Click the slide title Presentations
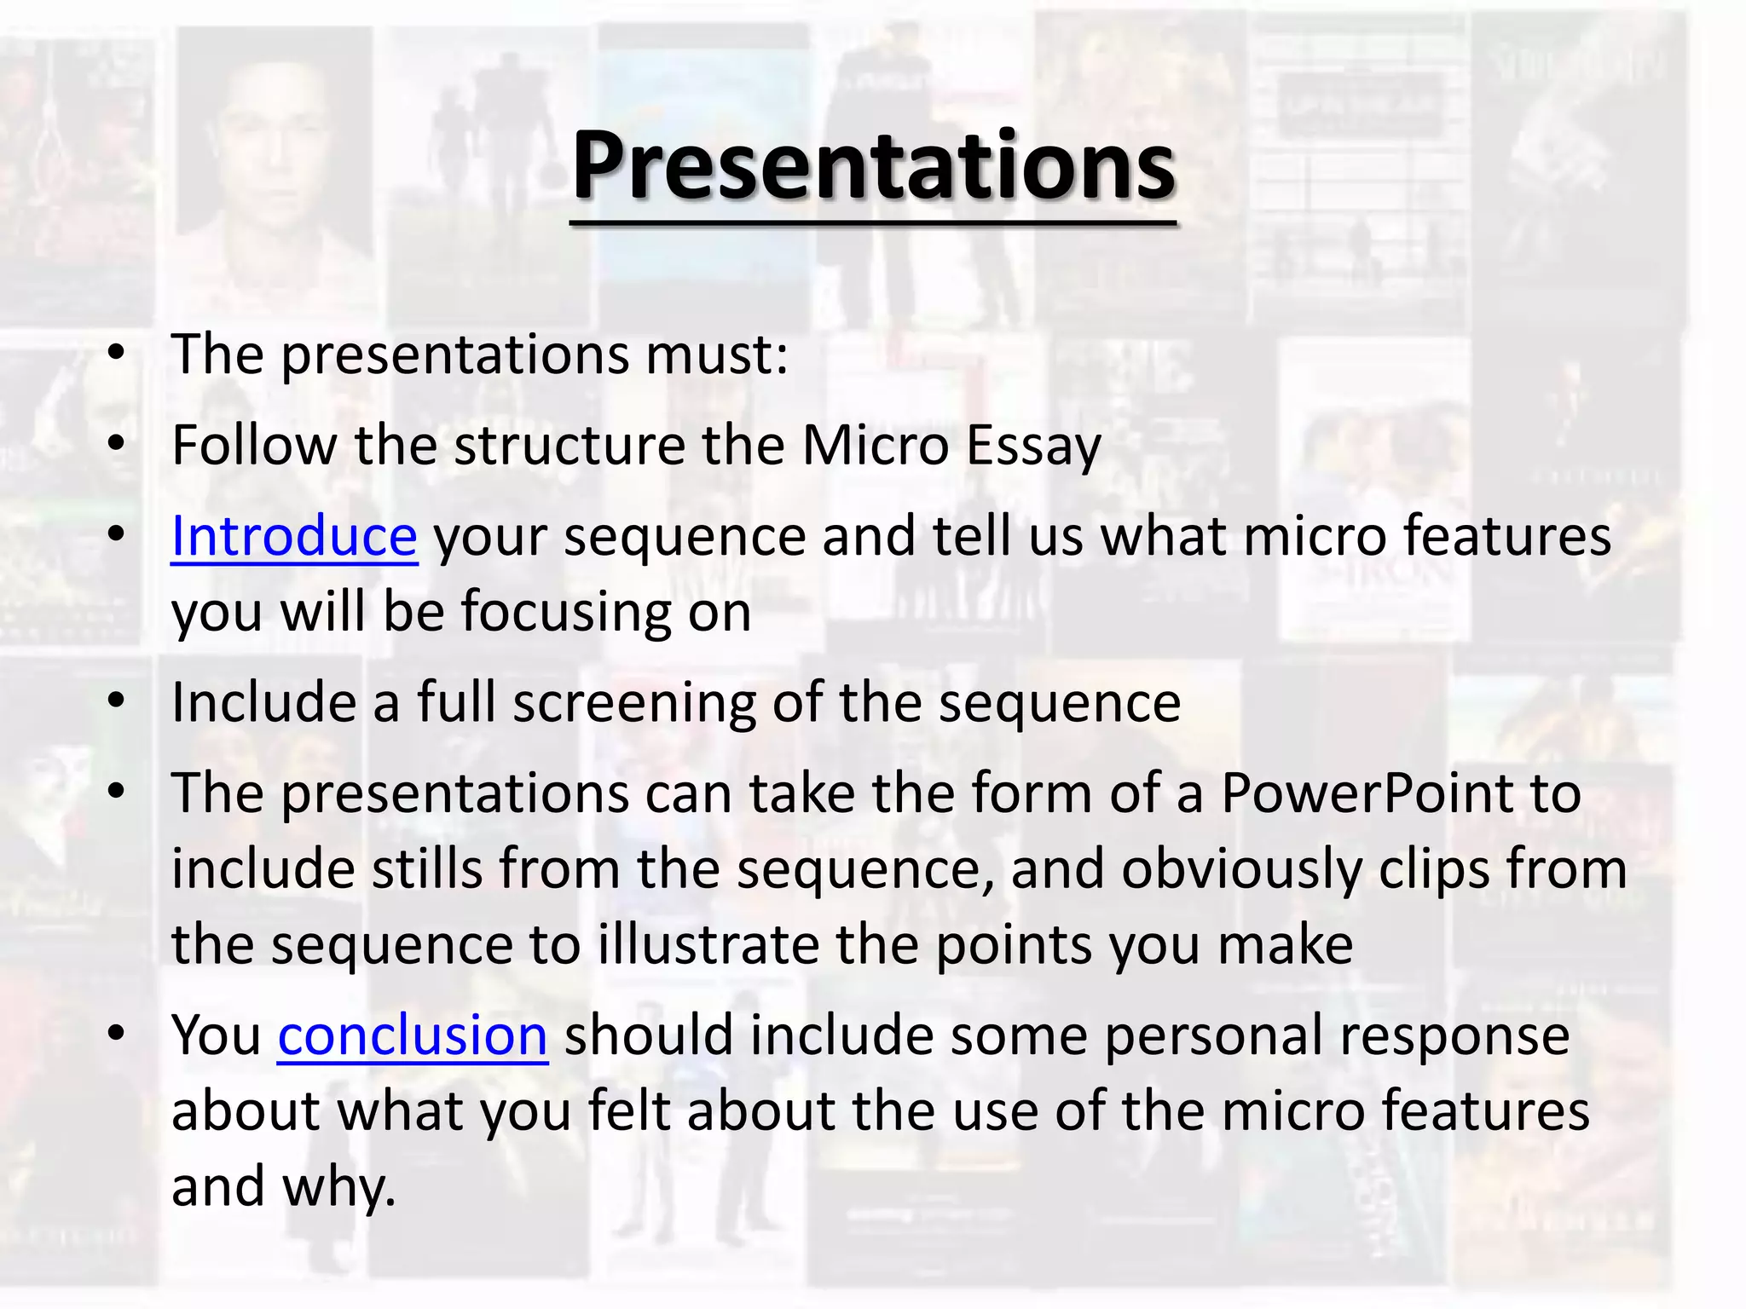coord(873,166)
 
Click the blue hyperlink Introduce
coord(294,537)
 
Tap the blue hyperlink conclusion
coord(413,1036)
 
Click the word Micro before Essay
coord(875,446)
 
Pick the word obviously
coord(1240,870)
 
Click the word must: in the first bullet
coord(716,355)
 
